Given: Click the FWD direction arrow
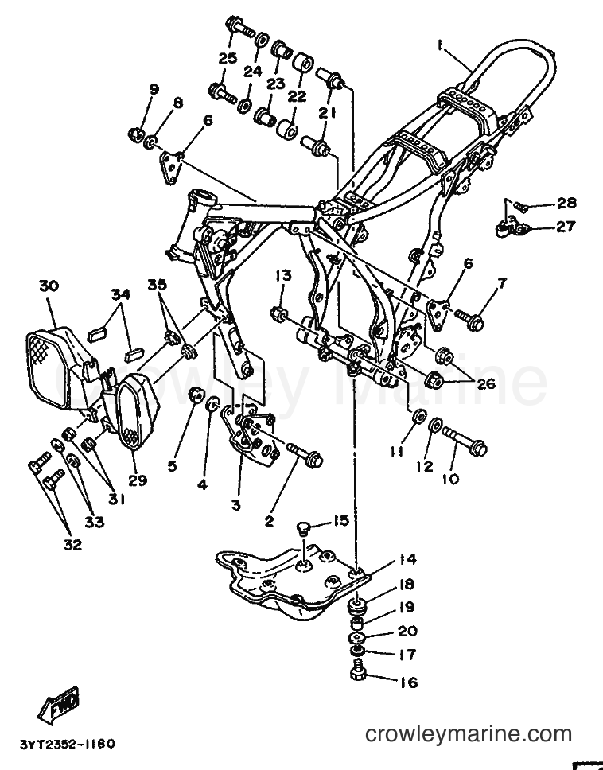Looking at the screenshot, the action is pos(58,706).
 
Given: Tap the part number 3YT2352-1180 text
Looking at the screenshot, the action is pos(68,745).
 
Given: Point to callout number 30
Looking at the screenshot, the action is pos(49,286).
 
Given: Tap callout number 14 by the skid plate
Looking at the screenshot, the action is pos(407,559).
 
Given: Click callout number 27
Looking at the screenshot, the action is pos(565,227).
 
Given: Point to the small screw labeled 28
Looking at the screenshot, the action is pos(522,208).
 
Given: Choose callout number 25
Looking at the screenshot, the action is pos(228,58).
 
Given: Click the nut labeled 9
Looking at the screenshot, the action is pos(135,134).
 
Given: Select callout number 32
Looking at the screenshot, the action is pos(72,545).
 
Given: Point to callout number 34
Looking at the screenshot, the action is pos(120,294).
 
